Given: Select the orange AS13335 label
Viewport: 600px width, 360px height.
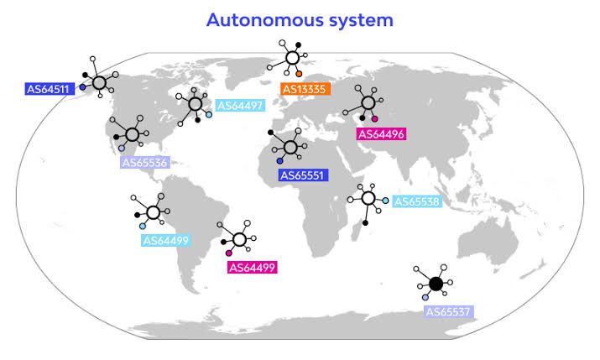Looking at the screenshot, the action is (305, 89).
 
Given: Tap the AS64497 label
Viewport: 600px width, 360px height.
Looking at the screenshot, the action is (240, 106).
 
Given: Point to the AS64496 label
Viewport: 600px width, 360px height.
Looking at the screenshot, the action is (381, 134).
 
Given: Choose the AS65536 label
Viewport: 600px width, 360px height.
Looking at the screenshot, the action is (144, 163).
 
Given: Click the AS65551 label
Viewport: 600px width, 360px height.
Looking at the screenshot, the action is (303, 175).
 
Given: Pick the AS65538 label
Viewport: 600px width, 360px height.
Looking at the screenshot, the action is (417, 201).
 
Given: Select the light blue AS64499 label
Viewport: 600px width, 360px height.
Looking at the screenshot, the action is (165, 240).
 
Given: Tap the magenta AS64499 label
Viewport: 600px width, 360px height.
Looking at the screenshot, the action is (253, 268).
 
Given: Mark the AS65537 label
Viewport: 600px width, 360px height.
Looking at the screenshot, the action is (448, 311).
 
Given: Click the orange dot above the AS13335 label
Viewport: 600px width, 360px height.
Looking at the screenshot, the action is (299, 74).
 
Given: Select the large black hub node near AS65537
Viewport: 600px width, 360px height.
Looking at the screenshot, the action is (436, 284).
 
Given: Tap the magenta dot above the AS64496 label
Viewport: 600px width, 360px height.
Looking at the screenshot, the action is (374, 118).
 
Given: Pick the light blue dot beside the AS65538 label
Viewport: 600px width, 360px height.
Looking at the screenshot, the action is (385, 201).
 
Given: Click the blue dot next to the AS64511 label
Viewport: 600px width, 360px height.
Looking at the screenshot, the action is (82, 87).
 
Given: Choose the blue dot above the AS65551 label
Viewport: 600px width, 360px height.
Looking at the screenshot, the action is (279, 161).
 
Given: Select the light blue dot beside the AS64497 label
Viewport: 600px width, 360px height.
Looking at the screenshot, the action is (209, 114).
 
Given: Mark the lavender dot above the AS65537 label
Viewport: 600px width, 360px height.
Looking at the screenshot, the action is (425, 297).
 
